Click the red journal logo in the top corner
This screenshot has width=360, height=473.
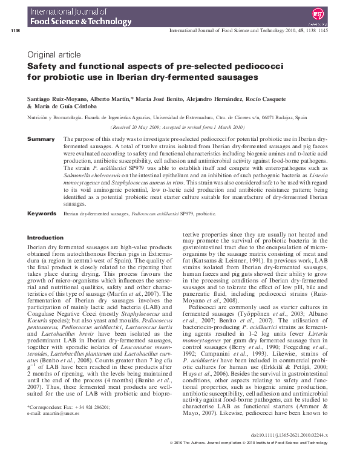coord(333,13)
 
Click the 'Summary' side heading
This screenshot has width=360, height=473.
coord(41,139)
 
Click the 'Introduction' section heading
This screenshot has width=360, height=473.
coord(45,238)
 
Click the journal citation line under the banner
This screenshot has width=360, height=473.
coord(249,30)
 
